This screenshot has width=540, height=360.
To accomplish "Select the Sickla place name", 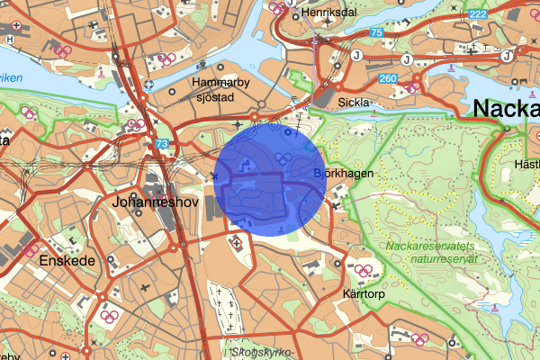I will pos(354,103).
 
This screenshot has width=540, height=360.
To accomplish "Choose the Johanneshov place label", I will pos(148,202).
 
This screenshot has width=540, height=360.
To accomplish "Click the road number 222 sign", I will pos(478,13).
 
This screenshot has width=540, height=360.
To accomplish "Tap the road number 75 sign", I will pos(376,32).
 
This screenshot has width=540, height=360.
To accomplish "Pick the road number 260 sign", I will pos(388,78).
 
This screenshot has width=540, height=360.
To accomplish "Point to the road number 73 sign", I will pos(160,143).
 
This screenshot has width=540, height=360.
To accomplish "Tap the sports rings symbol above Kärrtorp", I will pos(365,269).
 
